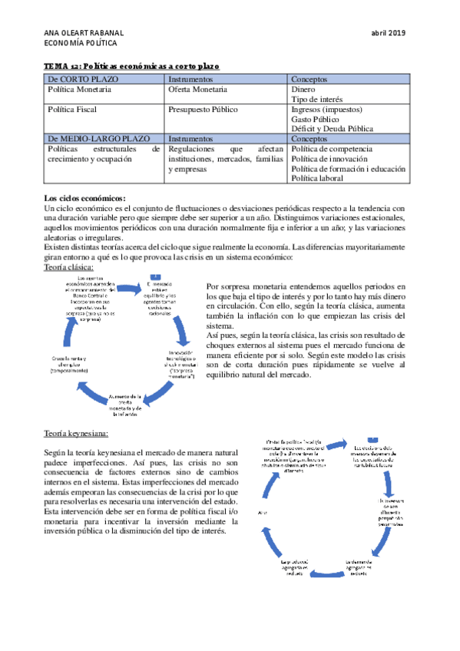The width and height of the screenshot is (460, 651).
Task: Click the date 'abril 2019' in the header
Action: tap(388, 32)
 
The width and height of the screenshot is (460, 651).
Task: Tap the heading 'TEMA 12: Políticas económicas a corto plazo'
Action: tap(132, 67)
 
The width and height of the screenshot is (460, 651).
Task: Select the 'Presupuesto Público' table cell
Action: tap(203, 110)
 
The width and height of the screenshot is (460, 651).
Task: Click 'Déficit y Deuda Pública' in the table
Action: tap(333, 129)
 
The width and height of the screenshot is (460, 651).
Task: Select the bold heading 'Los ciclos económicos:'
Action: tap(85, 199)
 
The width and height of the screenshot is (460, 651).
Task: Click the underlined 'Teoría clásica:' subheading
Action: tap(69, 268)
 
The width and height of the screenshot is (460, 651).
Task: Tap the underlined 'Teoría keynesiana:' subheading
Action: tap(77, 434)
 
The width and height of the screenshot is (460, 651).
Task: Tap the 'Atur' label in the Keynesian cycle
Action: tap(263, 511)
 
